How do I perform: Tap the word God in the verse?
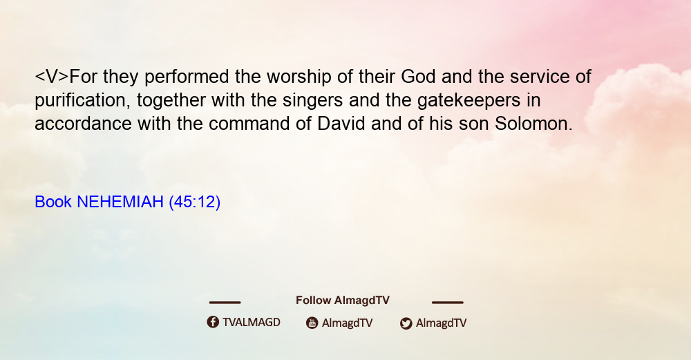tap(418, 77)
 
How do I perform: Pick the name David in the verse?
tap(341, 124)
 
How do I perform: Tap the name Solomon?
tap(533, 124)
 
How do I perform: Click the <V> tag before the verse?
tap(52, 77)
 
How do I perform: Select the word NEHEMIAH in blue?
tap(120, 202)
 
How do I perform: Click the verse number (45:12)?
tap(194, 202)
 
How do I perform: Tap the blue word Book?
tap(53, 202)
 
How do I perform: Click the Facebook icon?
tap(213, 322)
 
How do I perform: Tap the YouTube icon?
tap(312, 323)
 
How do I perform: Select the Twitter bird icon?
tap(406, 323)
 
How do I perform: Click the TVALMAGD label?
tap(252, 323)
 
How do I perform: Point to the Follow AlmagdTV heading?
tap(343, 301)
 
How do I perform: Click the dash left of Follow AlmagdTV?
tap(225, 303)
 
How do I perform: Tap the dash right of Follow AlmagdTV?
tap(448, 303)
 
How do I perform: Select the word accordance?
tap(83, 124)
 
